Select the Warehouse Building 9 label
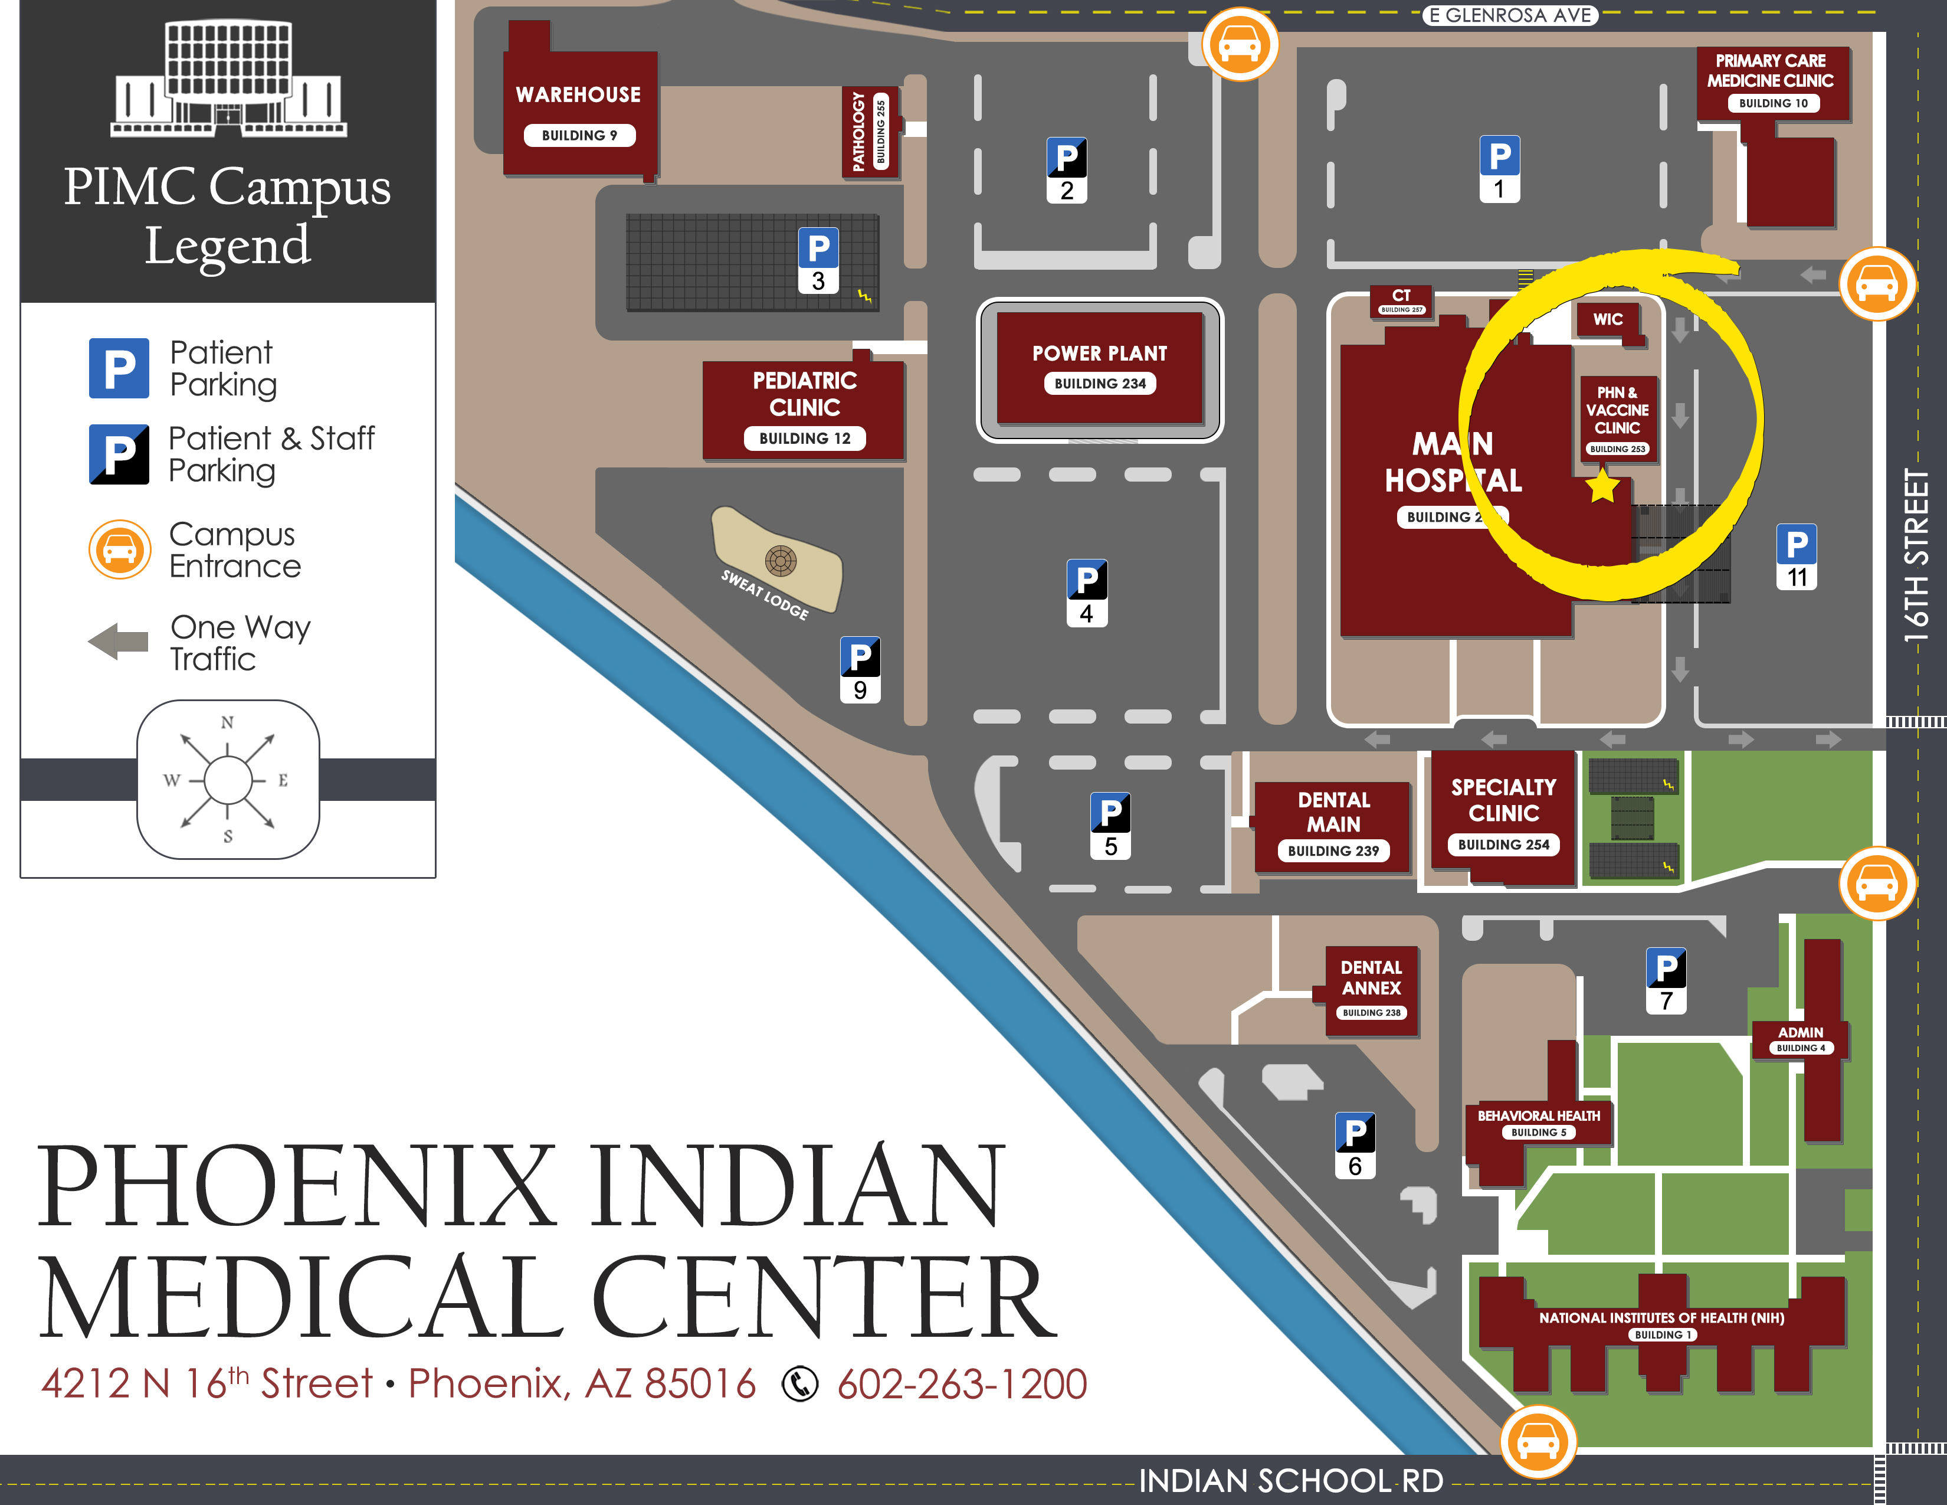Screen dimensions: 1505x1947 [579, 112]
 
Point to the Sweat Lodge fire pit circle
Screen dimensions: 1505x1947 [780, 561]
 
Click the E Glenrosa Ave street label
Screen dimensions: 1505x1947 [1509, 15]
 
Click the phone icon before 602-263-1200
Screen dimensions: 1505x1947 [799, 1384]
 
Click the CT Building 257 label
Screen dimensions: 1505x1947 [1401, 300]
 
